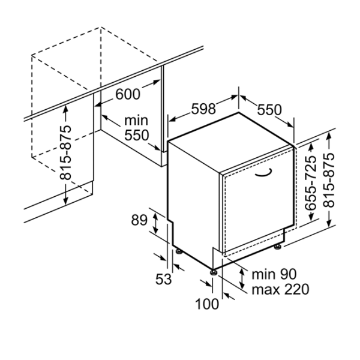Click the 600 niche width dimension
[127, 94]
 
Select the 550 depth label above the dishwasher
[270, 110]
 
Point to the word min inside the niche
[136, 121]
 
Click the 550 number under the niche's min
[136, 136]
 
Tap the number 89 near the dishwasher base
[139, 221]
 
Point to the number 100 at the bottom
[207, 304]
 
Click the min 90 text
[274, 275]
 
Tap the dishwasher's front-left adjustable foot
[214, 271]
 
